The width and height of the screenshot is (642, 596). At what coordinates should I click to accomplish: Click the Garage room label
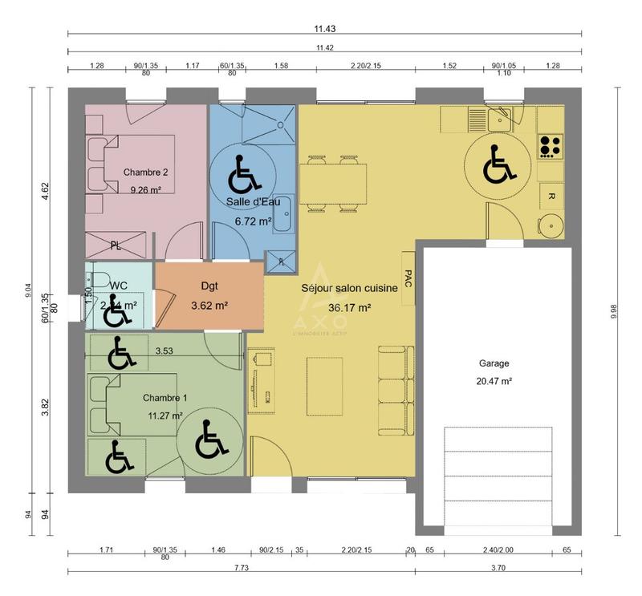click(494, 363)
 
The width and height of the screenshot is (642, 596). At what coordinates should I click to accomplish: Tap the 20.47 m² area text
click(494, 382)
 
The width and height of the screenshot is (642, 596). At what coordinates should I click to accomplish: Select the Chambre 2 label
click(145, 172)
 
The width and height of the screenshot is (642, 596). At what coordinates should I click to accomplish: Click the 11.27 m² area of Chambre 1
click(165, 416)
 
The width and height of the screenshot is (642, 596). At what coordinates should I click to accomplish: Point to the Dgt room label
click(209, 285)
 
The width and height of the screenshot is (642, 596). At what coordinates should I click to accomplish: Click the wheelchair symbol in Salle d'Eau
click(241, 172)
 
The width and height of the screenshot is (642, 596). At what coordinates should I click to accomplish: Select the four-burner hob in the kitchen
click(550, 145)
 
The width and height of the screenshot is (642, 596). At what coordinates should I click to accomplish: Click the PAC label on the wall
click(408, 278)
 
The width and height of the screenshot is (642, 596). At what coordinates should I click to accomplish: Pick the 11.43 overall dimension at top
click(324, 28)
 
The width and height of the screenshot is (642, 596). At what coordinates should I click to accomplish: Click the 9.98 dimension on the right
click(614, 311)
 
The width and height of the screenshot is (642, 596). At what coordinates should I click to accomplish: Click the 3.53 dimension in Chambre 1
click(164, 350)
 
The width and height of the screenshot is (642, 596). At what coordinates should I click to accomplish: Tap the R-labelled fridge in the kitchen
click(551, 195)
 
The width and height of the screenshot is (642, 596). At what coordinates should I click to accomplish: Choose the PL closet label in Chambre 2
click(116, 246)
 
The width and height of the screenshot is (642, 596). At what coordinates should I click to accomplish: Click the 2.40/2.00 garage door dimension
click(498, 551)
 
